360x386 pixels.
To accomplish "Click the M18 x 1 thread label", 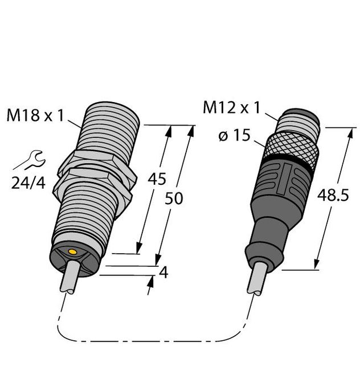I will tap(35, 116).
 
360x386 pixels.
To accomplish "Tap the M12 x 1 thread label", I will tap(234, 107).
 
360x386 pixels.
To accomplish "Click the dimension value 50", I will tap(174, 199).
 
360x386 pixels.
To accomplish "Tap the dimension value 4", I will tap(163, 273).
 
